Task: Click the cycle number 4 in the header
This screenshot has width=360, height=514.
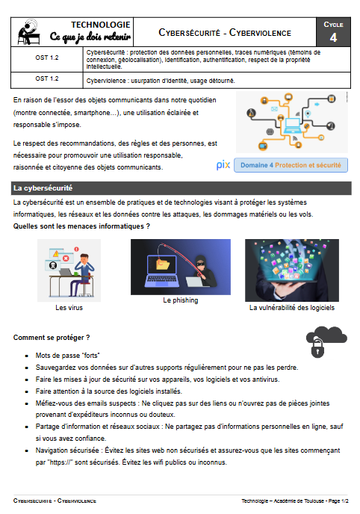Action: pyautogui.click(x=332, y=37)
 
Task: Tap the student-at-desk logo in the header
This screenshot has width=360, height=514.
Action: pyautogui.click(x=29, y=32)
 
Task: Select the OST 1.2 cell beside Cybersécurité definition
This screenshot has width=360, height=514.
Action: pyautogui.click(x=46, y=57)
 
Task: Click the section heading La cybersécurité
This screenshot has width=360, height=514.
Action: pyautogui.click(x=43, y=188)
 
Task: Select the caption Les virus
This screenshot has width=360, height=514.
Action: pyautogui.click(x=69, y=307)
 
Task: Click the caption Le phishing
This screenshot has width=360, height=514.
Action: pyautogui.click(x=180, y=300)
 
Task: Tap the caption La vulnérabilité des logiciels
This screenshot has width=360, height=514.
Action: pyautogui.click(x=292, y=307)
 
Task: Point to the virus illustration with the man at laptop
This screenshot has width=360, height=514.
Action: pyautogui.click(x=69, y=270)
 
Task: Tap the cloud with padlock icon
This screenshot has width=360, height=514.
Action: pyautogui.click(x=325, y=341)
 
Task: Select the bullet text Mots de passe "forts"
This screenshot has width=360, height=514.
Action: pyautogui.click(x=68, y=356)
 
